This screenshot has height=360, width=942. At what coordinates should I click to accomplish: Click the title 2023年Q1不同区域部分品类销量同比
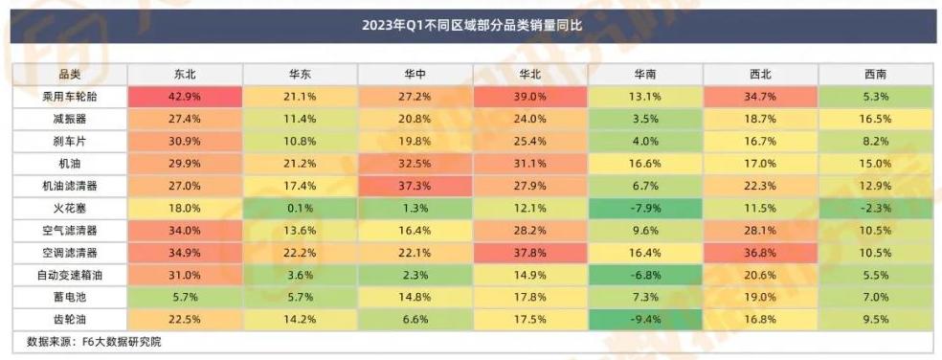coord(471,25)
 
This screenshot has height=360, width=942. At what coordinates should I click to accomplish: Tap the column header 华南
coord(644,74)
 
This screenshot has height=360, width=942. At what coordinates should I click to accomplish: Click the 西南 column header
coord(874,74)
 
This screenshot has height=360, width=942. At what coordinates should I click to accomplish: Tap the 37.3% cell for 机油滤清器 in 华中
coord(415,184)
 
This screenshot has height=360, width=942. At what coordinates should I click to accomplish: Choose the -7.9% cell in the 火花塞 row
coord(644,206)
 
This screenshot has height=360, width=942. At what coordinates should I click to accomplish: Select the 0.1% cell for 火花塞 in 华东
coord(300,206)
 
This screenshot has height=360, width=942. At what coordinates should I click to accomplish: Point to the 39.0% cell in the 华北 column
coord(529,97)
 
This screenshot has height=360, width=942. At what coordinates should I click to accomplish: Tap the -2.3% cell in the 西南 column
coord(874,206)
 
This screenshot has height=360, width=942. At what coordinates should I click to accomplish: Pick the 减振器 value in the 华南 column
coord(644,119)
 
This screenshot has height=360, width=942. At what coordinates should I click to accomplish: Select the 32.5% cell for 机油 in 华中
coord(415,162)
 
